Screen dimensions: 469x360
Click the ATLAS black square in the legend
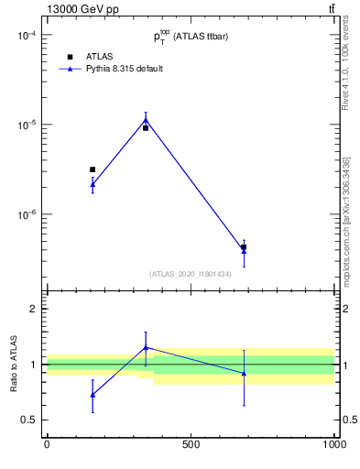pyautogui.click(x=70, y=57)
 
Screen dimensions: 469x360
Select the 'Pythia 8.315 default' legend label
pyautogui.click(x=125, y=69)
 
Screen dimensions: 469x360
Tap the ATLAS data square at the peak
pyautogui.click(x=146, y=128)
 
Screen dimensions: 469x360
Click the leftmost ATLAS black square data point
pyautogui.click(x=93, y=169)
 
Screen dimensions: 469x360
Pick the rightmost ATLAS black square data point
pyautogui.click(x=244, y=247)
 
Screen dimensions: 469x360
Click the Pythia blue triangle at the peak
pyautogui.click(x=146, y=119)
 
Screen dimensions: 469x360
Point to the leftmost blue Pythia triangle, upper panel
pyautogui.click(x=93, y=184)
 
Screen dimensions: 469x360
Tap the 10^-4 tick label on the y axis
pyautogui.click(x=25, y=36)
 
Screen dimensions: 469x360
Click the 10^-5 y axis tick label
pyautogui.click(x=25, y=125)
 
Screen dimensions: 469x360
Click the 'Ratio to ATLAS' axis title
pyautogui.click(x=14, y=364)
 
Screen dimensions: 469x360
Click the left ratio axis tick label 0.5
pyautogui.click(x=28, y=420)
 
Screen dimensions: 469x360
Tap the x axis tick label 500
pyautogui.click(x=191, y=444)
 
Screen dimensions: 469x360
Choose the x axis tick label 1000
pyautogui.click(x=334, y=444)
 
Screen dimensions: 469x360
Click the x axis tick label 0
pyautogui.click(x=47, y=444)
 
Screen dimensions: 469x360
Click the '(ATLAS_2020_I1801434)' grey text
pyautogui.click(x=190, y=274)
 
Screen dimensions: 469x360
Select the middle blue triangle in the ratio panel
pyautogui.click(x=146, y=348)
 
